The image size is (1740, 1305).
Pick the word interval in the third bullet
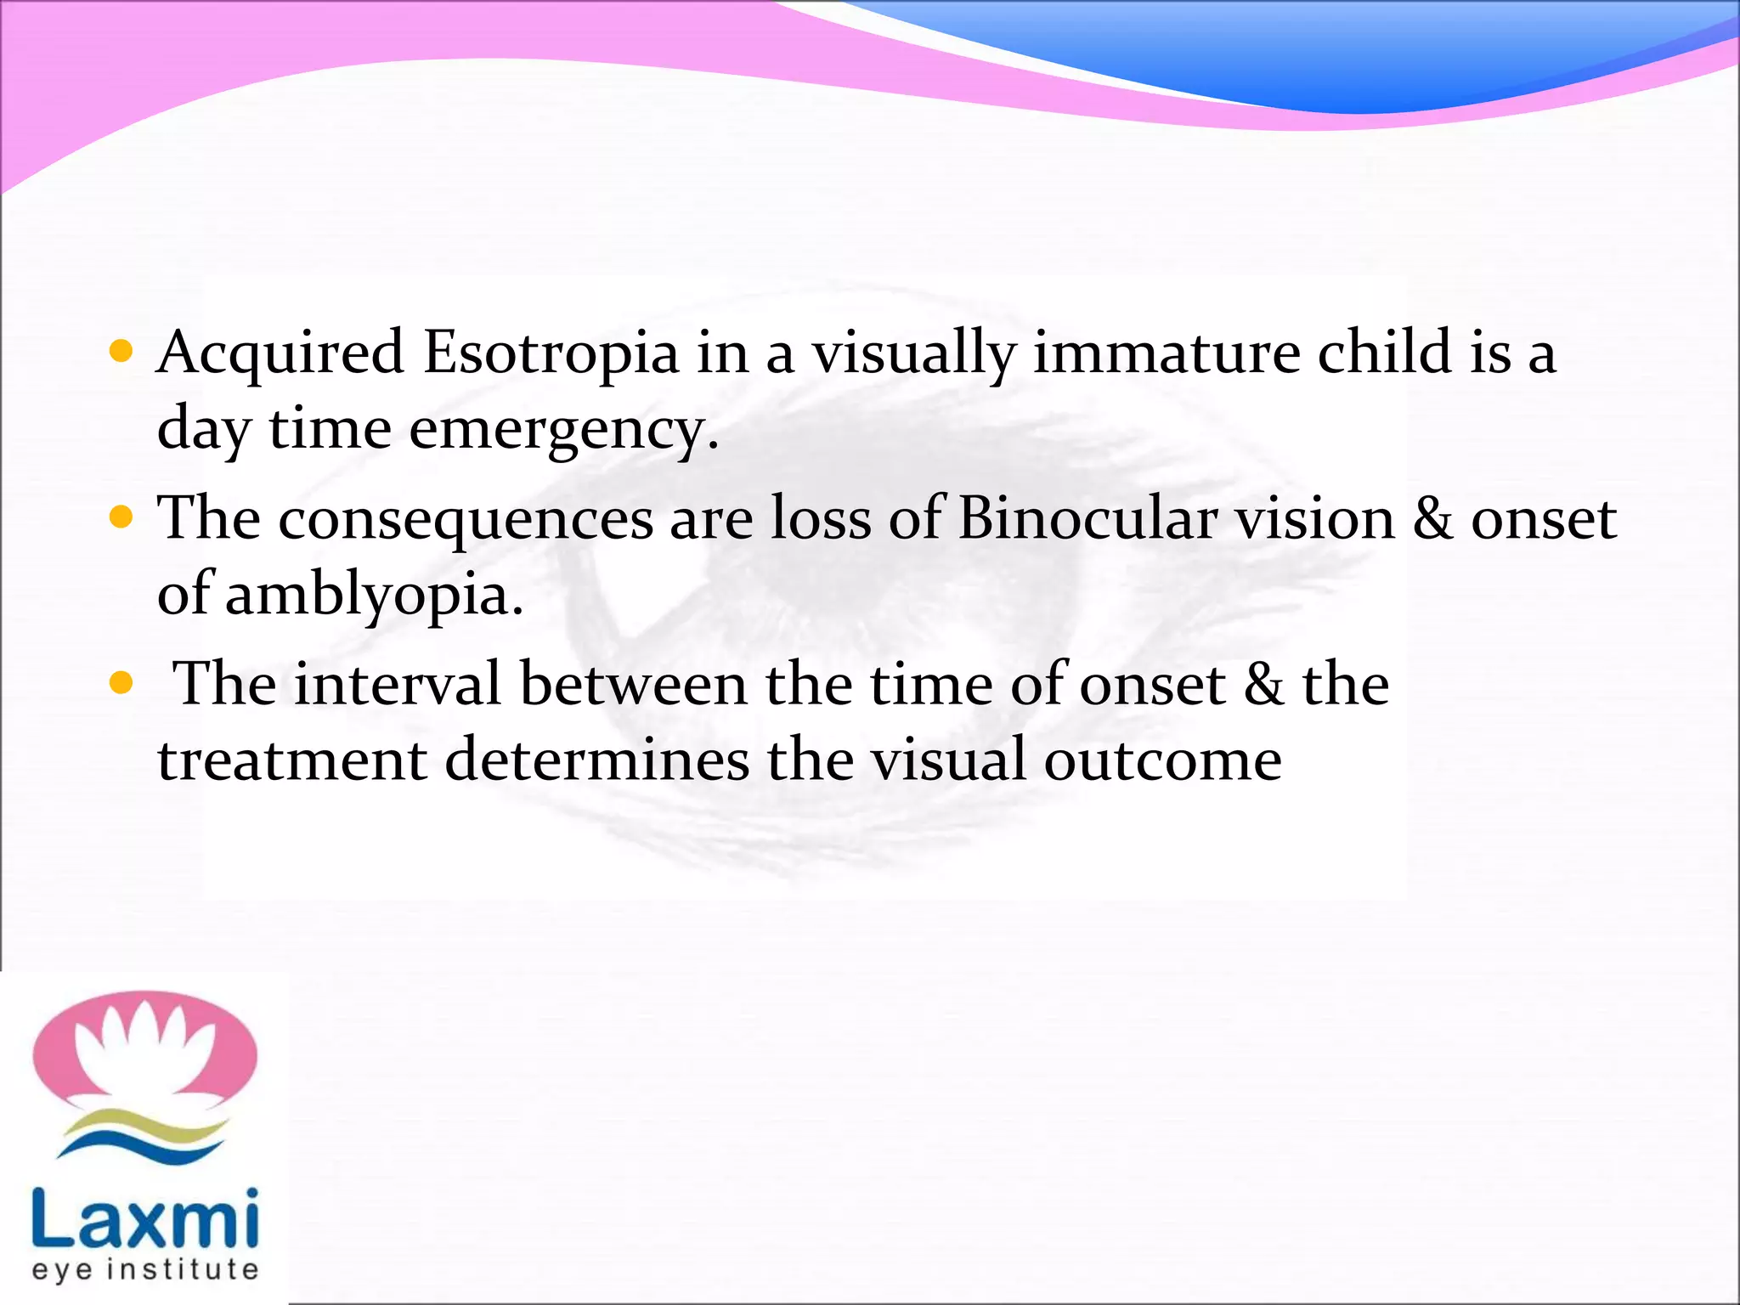[397, 684]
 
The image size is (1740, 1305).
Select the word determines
[596, 760]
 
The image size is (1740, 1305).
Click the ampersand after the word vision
[1432, 518]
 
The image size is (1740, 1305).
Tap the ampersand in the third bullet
[1263, 684]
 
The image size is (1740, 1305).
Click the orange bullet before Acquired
[121, 351]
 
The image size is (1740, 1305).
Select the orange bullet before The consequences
[121, 517]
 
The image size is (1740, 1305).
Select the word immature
[1166, 353]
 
